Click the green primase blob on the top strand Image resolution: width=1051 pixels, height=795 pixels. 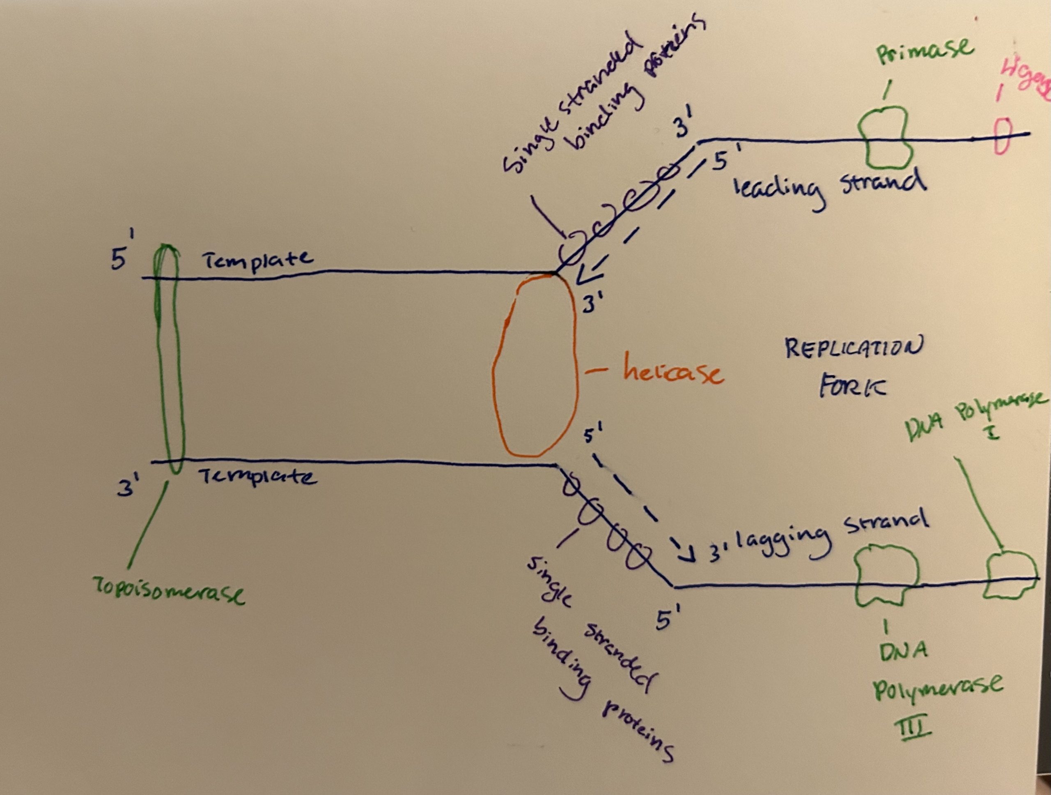click(885, 138)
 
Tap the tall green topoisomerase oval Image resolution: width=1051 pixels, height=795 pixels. click(170, 359)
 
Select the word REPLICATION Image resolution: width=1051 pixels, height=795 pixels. click(853, 350)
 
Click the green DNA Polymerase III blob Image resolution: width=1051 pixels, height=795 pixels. click(886, 575)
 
